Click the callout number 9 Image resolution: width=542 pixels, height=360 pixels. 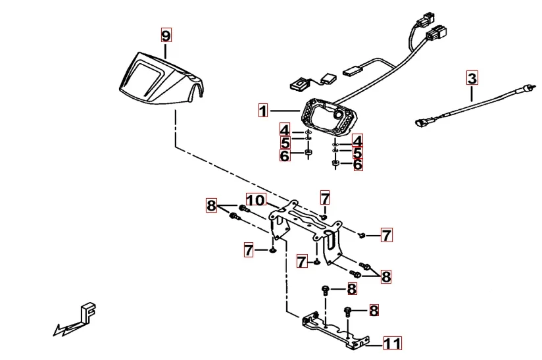(166, 34)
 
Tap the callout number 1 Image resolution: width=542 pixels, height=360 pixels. (263, 111)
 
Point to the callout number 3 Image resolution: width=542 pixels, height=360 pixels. (472, 78)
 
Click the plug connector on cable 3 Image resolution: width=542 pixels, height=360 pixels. (423, 122)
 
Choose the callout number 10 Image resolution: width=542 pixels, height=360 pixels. (255, 200)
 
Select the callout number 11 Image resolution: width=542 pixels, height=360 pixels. (392, 343)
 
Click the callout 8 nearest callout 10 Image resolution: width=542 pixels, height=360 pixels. (211, 206)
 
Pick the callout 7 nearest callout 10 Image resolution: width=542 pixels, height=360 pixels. (325, 197)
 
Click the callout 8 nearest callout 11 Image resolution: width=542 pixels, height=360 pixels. (374, 311)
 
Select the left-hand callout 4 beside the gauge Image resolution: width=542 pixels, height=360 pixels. (284, 129)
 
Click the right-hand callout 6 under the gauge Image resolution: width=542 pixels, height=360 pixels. (358, 165)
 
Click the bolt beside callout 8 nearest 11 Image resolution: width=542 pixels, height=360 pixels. (347, 311)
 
